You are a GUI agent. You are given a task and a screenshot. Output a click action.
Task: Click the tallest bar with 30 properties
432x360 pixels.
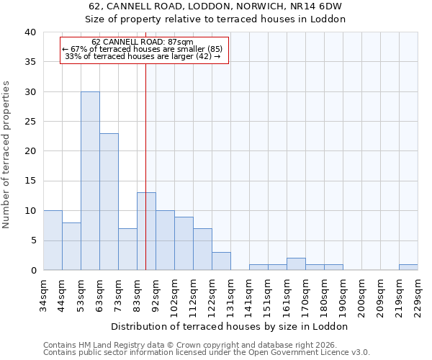(90, 181)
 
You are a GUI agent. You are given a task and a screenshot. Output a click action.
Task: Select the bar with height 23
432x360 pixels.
(109, 202)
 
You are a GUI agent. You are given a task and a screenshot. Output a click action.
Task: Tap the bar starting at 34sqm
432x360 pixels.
(53, 240)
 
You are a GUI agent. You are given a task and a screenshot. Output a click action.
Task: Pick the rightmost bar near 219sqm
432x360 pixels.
(408, 267)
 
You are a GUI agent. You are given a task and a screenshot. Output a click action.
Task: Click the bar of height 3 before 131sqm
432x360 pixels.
(221, 261)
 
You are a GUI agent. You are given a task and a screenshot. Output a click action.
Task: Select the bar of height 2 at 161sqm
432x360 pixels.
(296, 264)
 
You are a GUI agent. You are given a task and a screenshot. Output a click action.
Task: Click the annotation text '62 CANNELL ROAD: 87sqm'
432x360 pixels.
(143, 42)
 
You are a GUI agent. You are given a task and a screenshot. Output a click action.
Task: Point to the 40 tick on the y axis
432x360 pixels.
(30, 32)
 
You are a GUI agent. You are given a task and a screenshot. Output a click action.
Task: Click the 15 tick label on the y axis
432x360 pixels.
(30, 181)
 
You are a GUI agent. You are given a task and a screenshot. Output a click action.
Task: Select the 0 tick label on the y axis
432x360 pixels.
(32, 270)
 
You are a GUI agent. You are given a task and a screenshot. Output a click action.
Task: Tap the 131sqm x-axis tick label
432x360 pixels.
(230, 294)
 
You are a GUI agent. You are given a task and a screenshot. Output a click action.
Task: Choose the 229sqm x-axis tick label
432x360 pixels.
(418, 294)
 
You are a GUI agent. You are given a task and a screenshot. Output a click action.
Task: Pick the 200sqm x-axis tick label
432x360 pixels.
(361, 294)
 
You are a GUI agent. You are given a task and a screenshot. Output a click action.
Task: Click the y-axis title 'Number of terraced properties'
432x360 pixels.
(7, 155)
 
